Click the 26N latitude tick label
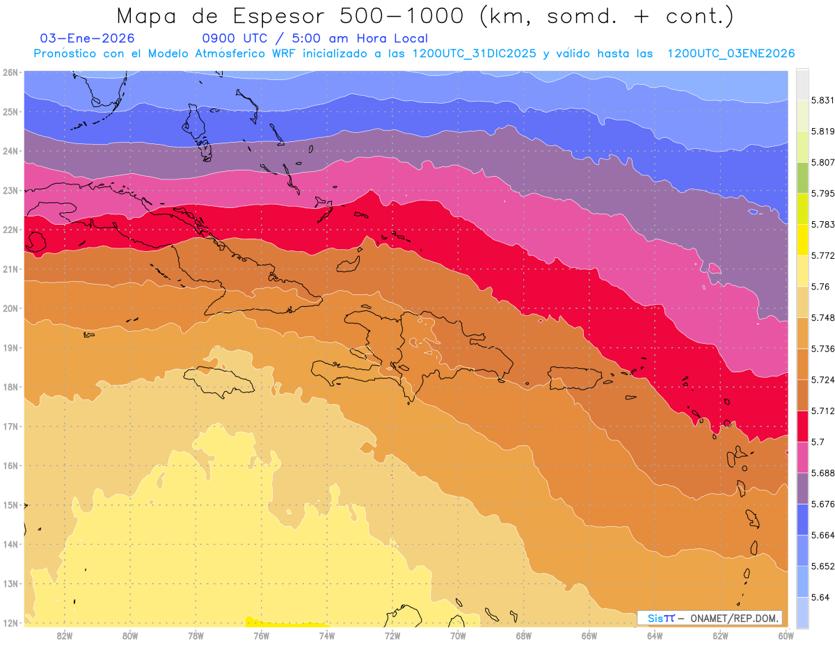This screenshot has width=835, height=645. pos(10,72)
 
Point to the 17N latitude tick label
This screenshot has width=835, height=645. pos(10,426)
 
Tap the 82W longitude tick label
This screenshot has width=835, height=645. pos(65,635)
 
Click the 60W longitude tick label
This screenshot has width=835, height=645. pos(786,635)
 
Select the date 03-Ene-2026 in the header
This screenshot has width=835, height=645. pos(88,38)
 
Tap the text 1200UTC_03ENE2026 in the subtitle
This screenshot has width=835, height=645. pos(731,54)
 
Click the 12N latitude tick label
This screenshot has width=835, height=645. pos(10,623)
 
